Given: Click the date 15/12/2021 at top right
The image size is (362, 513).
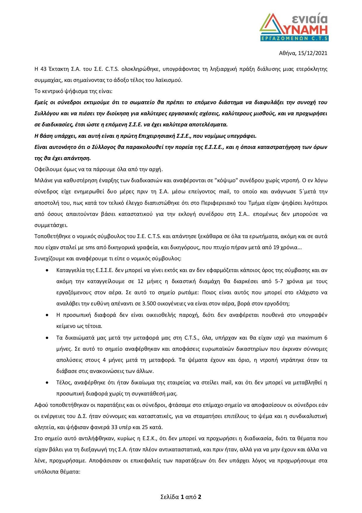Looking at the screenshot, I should coord(313,53).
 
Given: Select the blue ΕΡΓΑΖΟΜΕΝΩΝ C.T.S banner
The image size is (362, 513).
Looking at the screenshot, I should coord(294,38).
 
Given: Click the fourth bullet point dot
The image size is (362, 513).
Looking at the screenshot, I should coord(47,383).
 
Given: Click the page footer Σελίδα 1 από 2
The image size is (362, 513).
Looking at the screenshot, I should coord(181,497).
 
